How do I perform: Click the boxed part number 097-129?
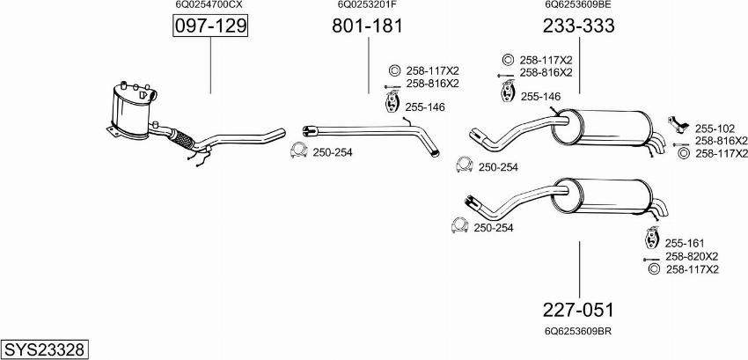point(210,27)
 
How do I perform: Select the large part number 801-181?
point(367,26)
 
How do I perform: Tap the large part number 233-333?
point(578,26)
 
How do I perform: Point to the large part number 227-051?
point(578,310)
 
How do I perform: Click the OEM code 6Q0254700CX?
point(209,5)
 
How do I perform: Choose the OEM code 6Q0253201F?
point(367,5)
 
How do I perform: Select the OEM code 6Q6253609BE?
point(578,5)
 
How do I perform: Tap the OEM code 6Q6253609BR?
point(578,331)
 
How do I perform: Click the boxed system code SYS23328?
point(44,349)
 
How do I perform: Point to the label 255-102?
point(714,127)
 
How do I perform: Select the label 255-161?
point(683,243)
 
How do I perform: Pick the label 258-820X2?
point(692,256)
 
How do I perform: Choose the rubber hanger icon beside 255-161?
point(652,239)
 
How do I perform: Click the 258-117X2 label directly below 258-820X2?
point(693,268)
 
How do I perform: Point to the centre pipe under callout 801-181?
point(370,128)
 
